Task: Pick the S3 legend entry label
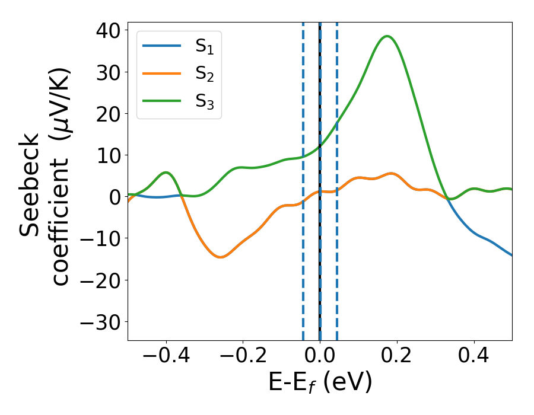click(204, 101)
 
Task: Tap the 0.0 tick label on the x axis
click(320, 357)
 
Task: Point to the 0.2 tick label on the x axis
click(397, 357)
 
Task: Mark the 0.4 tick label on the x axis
click(474, 357)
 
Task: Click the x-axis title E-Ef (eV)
click(320, 383)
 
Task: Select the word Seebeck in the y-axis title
click(30, 185)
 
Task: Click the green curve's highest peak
click(387, 36)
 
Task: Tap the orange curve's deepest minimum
click(220, 257)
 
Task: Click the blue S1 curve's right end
click(511, 255)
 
